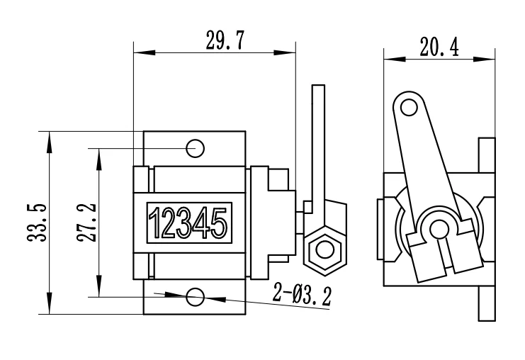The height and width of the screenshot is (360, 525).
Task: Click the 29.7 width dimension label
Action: [x=225, y=41]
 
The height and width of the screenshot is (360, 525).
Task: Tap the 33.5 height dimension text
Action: [x=38, y=223]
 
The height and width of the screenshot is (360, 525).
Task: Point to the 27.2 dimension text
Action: [x=87, y=223]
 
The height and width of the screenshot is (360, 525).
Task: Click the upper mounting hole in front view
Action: [x=196, y=147]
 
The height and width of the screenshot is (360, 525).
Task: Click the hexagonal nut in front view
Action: [x=324, y=249]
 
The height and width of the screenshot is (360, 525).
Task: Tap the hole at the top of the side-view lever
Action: [x=408, y=107]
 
